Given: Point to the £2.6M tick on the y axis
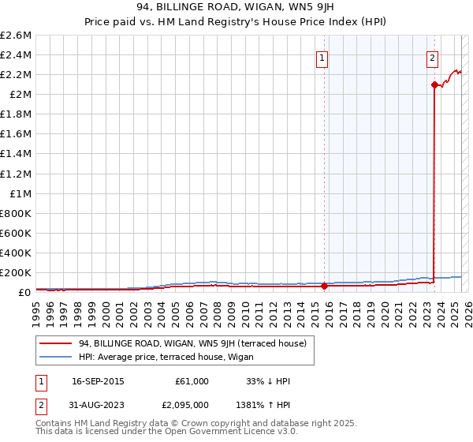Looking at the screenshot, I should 16,36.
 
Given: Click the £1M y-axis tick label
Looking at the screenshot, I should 20,193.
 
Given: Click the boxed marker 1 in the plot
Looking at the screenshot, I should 323,57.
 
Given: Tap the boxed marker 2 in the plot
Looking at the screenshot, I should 433,57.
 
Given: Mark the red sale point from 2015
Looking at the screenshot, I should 324,287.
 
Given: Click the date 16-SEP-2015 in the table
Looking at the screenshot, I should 98,381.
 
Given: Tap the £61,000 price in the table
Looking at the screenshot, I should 192,381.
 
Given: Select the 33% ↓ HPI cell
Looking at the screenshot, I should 268,381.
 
